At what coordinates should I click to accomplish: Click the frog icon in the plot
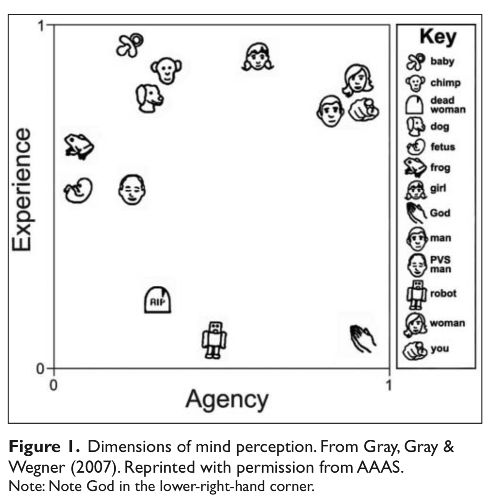tap(79, 147)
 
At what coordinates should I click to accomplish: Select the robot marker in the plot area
tap(214, 339)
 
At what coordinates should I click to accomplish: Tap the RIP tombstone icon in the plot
tap(157, 300)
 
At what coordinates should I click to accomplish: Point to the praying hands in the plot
tap(362, 339)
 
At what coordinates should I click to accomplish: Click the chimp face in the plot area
tap(166, 70)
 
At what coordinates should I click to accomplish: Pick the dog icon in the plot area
tap(149, 98)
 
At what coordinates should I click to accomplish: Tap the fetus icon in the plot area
tap(78, 190)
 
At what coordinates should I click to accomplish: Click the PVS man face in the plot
tap(132, 190)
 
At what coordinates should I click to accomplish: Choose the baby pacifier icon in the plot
tap(130, 45)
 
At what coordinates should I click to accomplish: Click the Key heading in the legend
tap(438, 37)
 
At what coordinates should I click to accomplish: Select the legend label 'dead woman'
tap(448, 105)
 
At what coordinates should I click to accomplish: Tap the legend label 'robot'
tap(443, 294)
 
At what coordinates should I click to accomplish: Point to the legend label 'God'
tap(440, 213)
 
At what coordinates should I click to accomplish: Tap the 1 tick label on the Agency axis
tap(389, 385)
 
